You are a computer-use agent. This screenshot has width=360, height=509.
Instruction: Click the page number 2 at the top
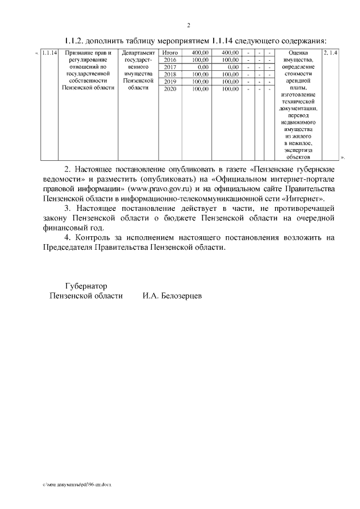[x=188, y=25]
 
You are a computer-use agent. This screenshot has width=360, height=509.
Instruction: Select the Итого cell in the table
[x=170, y=53]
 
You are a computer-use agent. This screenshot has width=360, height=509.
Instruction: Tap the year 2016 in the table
[x=170, y=60]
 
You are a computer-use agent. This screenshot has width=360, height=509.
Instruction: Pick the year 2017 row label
[x=170, y=67]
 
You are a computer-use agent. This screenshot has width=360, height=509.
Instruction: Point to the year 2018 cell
[x=170, y=74]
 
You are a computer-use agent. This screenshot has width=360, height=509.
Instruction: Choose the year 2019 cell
[x=170, y=82]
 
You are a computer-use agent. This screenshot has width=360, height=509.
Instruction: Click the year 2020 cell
[x=170, y=89]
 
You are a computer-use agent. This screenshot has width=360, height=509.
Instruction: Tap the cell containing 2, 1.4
[x=331, y=53]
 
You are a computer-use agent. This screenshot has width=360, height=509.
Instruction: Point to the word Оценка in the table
[x=298, y=53]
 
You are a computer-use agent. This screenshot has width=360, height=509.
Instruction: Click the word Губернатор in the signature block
[x=85, y=286]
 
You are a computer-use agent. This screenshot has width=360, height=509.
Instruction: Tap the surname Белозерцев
[x=179, y=296]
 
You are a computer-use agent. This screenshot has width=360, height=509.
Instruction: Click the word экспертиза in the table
[x=298, y=150]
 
